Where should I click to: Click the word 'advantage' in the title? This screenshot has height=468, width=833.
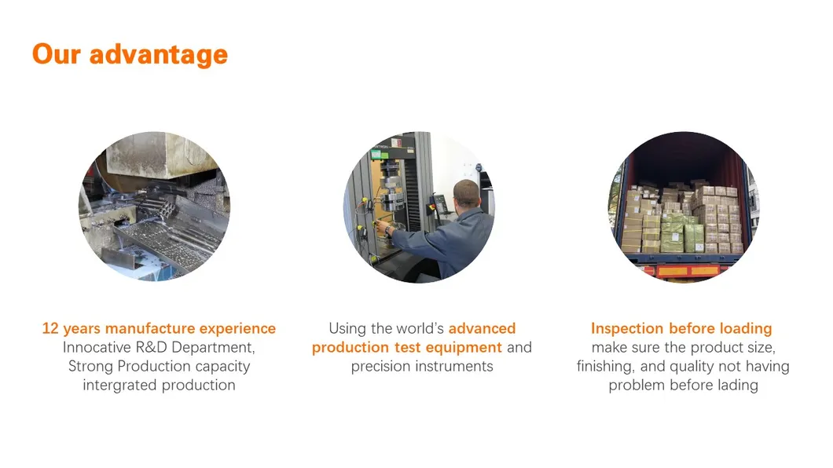(158, 55)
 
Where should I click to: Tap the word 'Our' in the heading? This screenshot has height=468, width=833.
(57, 53)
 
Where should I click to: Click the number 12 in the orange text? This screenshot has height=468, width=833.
(50, 328)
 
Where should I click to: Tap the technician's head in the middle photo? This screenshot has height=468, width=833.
(467, 195)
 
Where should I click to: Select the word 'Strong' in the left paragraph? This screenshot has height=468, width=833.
(90, 367)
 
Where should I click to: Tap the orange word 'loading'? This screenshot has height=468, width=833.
(746, 329)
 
